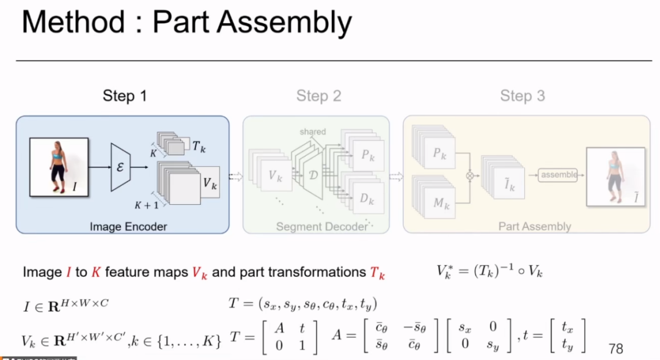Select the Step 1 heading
click(125, 96)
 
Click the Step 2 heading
click(318, 96)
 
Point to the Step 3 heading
click(522, 96)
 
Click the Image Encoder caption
click(128, 227)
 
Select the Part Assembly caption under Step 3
click(535, 227)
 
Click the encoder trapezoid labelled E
click(120, 166)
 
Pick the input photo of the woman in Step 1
click(59, 167)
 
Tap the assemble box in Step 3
click(559, 175)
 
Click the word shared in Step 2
click(313, 131)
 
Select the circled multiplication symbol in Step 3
click(470, 175)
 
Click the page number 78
click(615, 349)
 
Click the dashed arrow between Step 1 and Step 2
click(236, 176)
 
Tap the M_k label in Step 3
click(441, 202)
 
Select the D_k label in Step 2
click(367, 199)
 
